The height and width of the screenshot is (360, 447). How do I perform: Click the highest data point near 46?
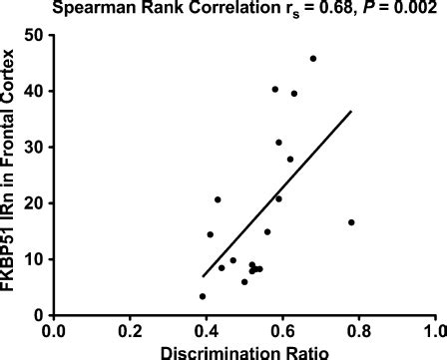point(313,59)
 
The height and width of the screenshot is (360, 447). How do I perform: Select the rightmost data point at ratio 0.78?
point(351,222)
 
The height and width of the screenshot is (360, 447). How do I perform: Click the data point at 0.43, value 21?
point(218,199)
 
